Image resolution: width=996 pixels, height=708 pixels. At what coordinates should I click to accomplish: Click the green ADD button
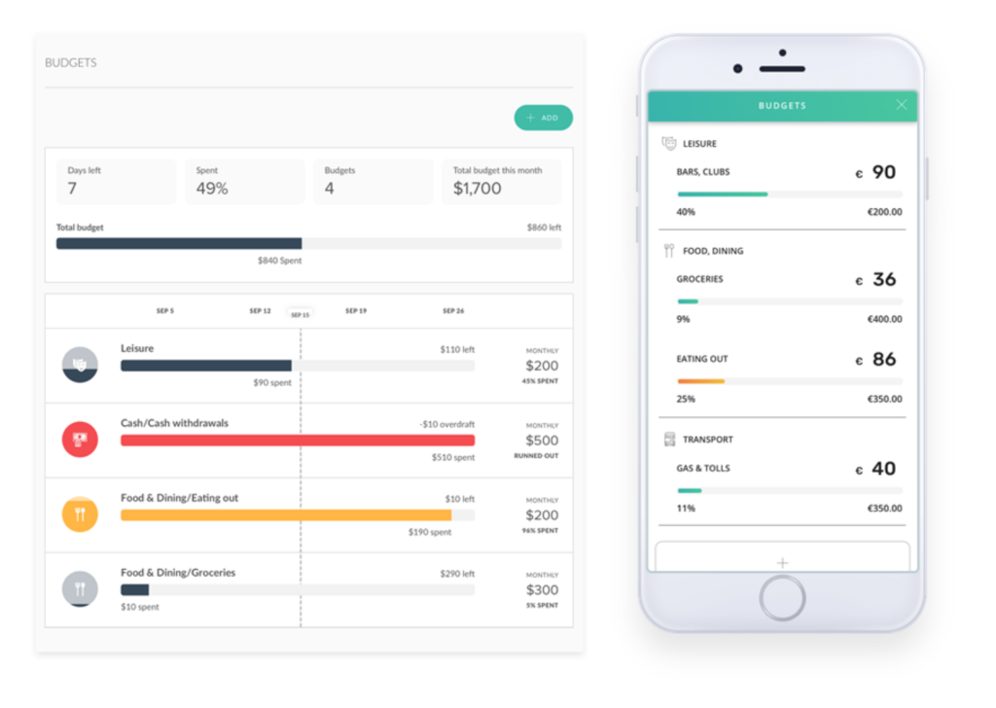click(543, 118)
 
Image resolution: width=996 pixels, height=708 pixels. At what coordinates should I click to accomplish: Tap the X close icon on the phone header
click(902, 105)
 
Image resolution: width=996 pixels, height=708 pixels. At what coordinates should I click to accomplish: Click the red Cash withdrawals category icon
click(80, 440)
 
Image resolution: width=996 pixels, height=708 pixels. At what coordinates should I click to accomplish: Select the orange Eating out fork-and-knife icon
click(80, 514)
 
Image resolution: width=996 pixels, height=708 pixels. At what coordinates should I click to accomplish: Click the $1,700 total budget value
click(478, 189)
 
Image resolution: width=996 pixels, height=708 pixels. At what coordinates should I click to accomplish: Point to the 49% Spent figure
click(212, 189)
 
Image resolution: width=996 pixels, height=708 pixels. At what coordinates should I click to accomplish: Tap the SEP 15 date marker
click(300, 315)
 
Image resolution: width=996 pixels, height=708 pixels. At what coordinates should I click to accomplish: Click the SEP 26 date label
click(453, 311)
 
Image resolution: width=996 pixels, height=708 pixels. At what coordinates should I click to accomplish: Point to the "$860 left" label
click(544, 228)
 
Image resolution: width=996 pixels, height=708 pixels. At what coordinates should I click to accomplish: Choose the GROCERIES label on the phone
click(699, 279)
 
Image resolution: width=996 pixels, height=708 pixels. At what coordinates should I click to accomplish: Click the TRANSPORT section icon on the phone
click(668, 440)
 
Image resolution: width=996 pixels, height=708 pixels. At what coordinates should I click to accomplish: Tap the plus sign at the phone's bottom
click(782, 562)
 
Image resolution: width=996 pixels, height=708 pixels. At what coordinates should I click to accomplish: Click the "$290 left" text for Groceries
click(457, 574)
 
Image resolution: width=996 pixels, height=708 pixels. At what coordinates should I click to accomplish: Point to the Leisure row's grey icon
click(80, 365)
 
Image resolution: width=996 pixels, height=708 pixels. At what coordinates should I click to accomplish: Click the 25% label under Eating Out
click(686, 399)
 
